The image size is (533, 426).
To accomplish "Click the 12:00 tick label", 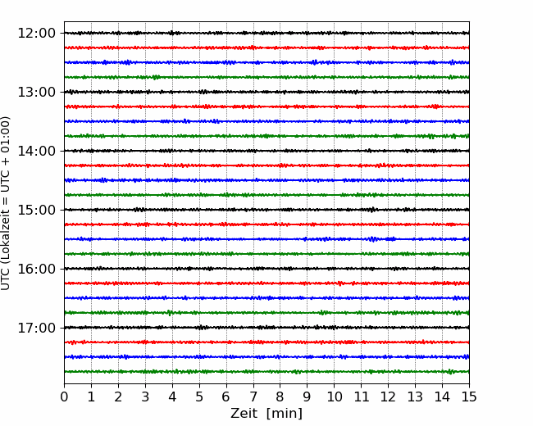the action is pyautogui.click(x=36, y=34).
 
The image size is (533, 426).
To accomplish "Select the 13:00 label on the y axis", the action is pyautogui.click(x=36, y=92).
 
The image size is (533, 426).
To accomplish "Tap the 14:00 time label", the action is pyautogui.click(x=36, y=151).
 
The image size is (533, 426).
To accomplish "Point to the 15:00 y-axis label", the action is pyautogui.click(x=36, y=210).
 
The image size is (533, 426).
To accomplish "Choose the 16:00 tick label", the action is pyautogui.click(x=36, y=269).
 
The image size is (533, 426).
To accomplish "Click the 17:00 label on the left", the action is pyautogui.click(x=36, y=328).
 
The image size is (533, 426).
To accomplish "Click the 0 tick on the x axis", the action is pyautogui.click(x=64, y=397).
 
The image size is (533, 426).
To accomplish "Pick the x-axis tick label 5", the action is pyautogui.click(x=199, y=397).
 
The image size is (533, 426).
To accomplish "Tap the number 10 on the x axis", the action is pyautogui.click(x=334, y=397).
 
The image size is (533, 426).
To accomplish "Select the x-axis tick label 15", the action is pyautogui.click(x=469, y=397).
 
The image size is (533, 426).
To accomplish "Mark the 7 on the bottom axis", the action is pyautogui.click(x=253, y=397).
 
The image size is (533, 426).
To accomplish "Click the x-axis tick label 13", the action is pyautogui.click(x=415, y=397).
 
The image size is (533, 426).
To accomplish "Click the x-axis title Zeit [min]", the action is pyautogui.click(x=266, y=414).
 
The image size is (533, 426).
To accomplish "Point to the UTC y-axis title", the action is pyautogui.click(x=5, y=203).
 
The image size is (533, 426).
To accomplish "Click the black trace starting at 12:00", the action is pyautogui.click(x=266, y=33).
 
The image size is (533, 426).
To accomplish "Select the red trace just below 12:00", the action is pyautogui.click(x=266, y=48).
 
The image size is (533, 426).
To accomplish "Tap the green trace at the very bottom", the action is pyautogui.click(x=266, y=372).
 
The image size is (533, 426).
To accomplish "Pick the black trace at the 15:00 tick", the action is pyautogui.click(x=266, y=210).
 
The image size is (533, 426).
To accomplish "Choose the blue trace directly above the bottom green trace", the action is pyautogui.click(x=266, y=357).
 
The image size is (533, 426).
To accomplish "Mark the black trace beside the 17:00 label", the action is pyautogui.click(x=266, y=328).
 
